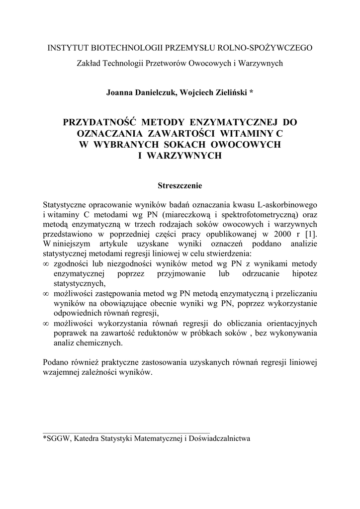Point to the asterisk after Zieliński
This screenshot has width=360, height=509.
point(252,91)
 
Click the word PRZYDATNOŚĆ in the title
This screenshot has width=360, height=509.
point(100,122)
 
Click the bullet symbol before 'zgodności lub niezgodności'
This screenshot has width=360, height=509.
point(46,264)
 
